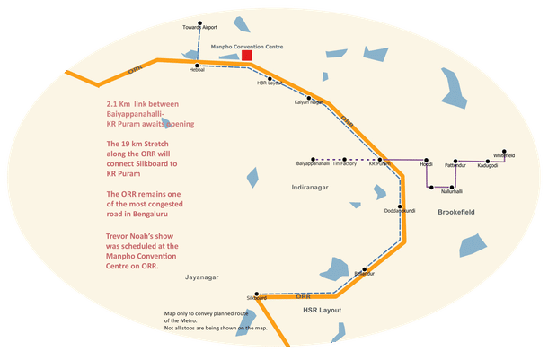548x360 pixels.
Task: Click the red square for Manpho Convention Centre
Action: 246,56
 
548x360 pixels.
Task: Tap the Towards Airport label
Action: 200,28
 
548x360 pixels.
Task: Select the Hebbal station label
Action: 197,70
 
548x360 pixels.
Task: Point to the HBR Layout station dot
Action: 269,78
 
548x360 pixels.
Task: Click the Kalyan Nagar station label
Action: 309,103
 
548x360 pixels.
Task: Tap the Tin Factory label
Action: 344,164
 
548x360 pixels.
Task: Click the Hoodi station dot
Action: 426,157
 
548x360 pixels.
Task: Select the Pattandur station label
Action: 455,165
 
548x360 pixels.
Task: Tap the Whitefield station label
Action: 504,156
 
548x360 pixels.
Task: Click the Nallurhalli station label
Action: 451,191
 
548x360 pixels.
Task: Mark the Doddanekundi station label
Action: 398,211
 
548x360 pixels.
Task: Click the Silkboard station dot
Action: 257,294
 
